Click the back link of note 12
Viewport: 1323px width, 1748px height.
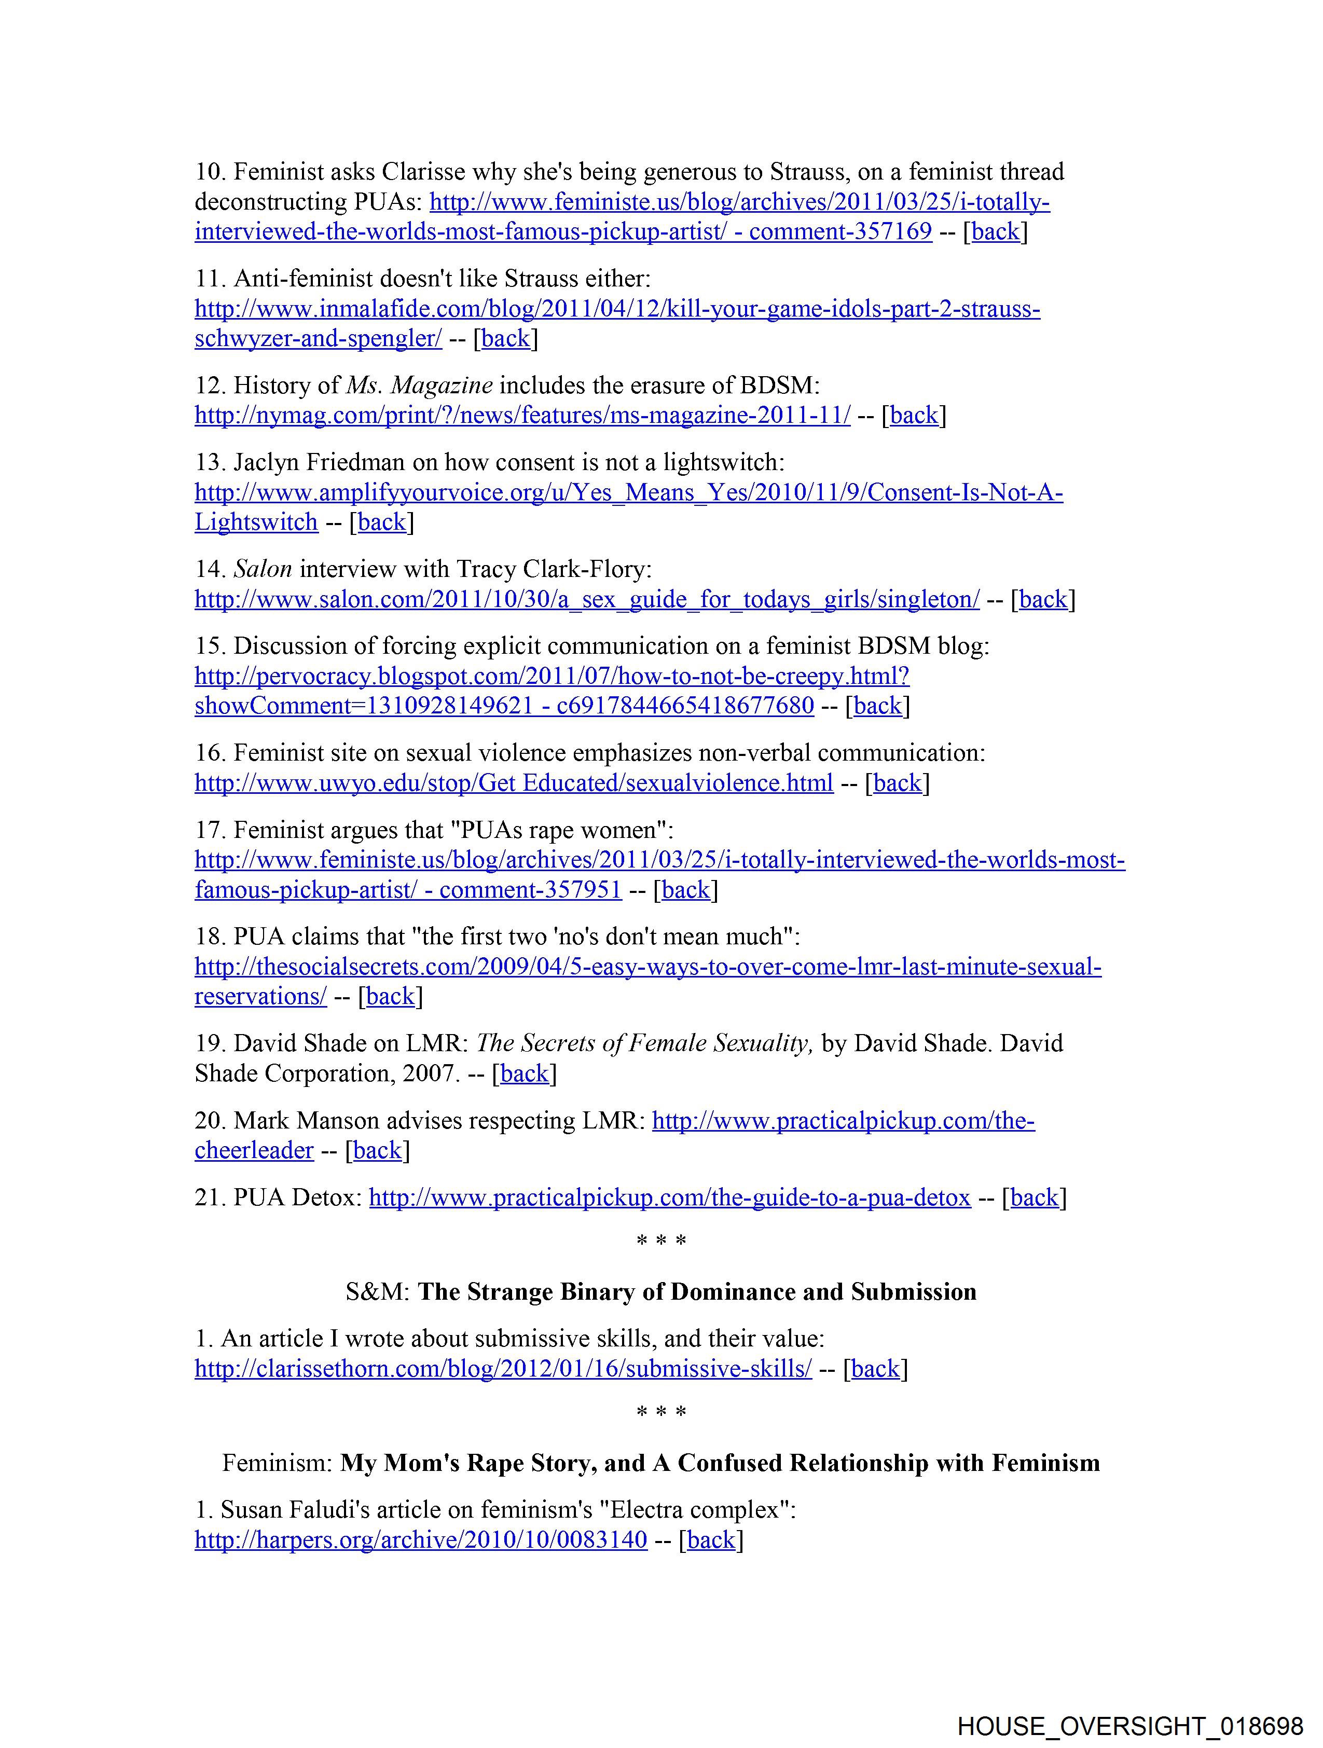click(914, 415)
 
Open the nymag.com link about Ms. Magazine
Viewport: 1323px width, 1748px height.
click(522, 415)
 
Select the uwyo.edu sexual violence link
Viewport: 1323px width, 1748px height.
click(514, 782)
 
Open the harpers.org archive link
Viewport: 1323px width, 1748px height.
click(420, 1539)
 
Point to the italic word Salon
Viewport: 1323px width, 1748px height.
click(263, 569)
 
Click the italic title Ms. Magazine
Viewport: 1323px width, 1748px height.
click(420, 385)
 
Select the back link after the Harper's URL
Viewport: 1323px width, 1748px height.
click(711, 1539)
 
